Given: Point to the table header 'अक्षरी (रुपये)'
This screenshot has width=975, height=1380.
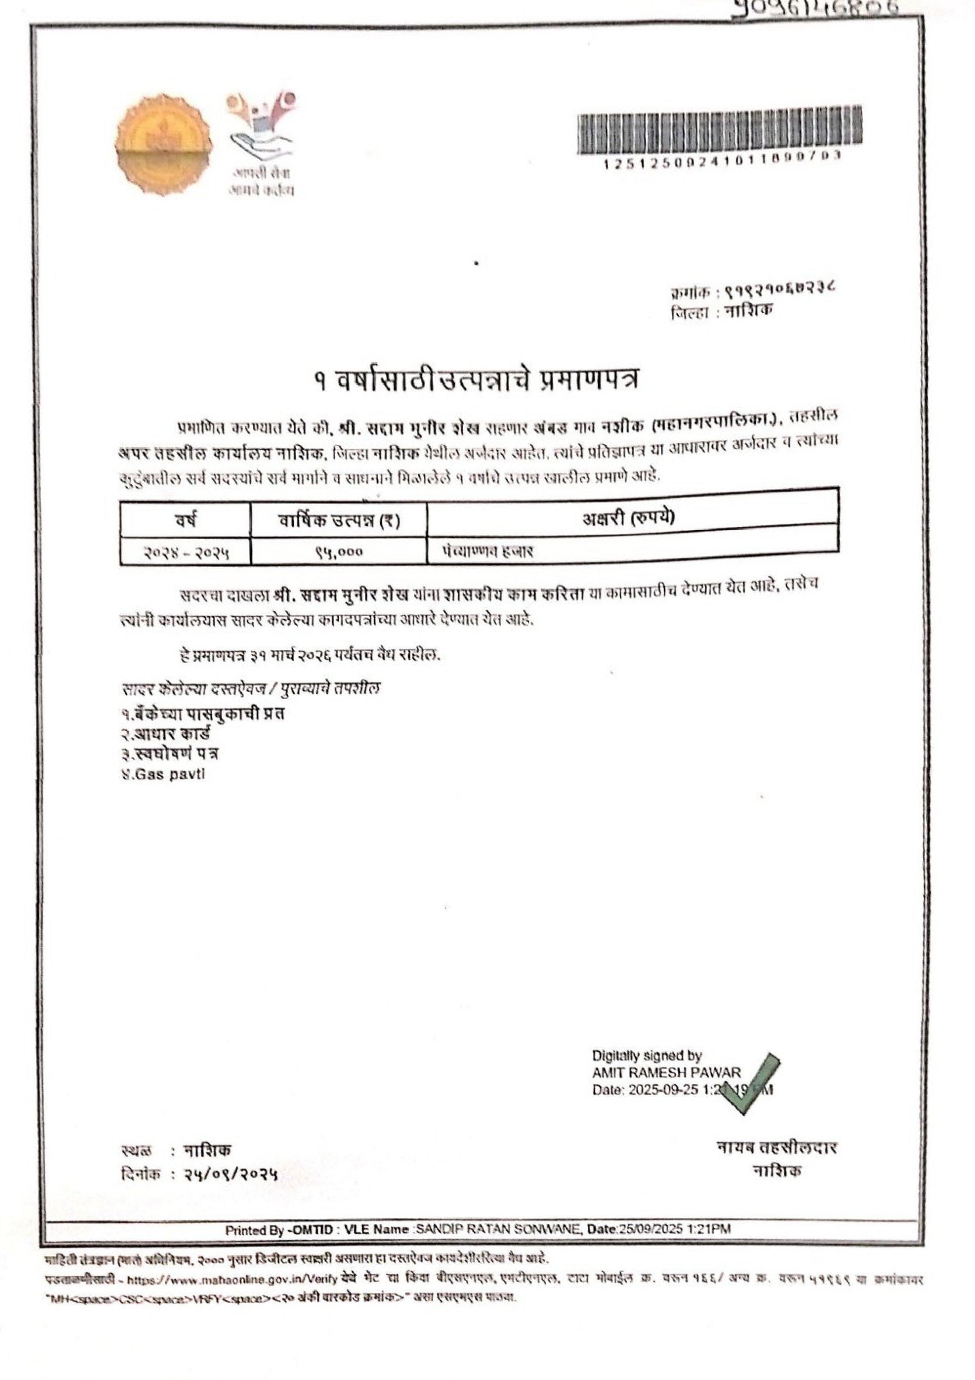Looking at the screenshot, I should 628,517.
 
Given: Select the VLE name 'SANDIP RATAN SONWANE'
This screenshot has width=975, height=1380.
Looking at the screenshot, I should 499,1229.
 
